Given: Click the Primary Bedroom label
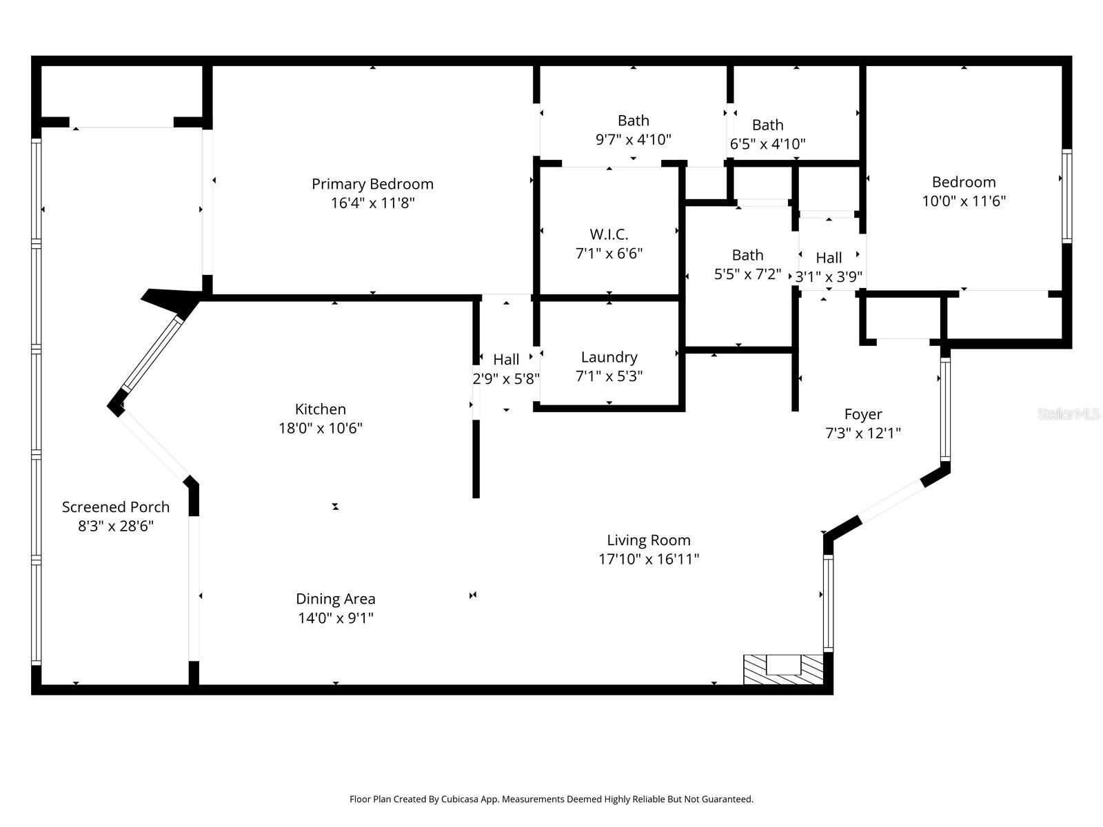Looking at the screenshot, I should (372, 184).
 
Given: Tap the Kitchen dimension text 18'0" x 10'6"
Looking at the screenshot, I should (321, 429).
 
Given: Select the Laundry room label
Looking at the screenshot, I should (609, 357).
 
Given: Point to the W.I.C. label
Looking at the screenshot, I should (609, 234).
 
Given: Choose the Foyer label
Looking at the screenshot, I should (863, 414).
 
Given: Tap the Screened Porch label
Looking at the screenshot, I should (116, 507).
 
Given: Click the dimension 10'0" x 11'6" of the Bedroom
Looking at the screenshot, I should (964, 201).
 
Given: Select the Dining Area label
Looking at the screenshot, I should (336, 599).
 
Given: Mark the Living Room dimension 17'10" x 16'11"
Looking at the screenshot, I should (649, 559).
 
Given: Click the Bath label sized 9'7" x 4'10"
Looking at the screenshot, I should (633, 121).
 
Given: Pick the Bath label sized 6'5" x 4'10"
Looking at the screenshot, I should (767, 125).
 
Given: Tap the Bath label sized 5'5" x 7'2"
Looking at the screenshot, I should (747, 255).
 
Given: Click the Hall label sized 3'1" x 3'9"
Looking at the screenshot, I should (829, 258).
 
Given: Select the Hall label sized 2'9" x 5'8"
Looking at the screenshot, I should (506, 360).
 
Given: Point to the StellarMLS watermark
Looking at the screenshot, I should (1068, 414).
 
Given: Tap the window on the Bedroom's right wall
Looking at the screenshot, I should (1066, 196).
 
